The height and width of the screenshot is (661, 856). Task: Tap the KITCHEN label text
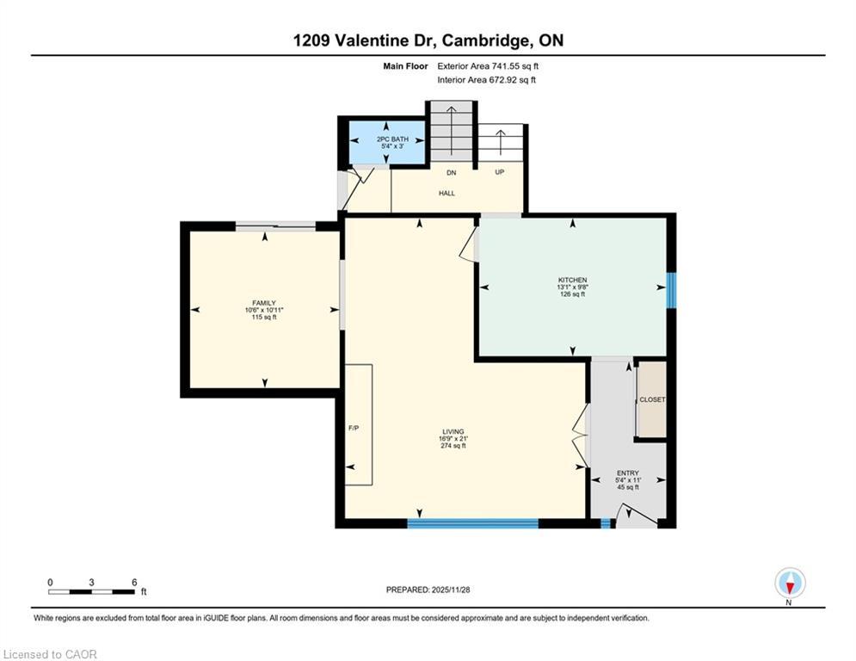(x=573, y=280)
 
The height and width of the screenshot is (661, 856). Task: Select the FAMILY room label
(x=264, y=303)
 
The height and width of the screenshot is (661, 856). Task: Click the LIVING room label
(x=453, y=431)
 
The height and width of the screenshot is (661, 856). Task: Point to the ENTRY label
(x=627, y=473)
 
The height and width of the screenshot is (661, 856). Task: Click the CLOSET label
(x=652, y=399)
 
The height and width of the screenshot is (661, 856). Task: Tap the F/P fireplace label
(x=353, y=428)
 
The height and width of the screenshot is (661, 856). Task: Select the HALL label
(x=446, y=193)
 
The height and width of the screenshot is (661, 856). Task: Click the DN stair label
(x=451, y=173)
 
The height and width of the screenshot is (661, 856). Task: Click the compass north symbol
(x=789, y=584)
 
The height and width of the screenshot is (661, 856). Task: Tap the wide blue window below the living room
(x=472, y=522)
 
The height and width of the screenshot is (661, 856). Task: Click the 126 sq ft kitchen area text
(x=573, y=294)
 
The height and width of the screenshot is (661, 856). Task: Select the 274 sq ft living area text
(x=453, y=446)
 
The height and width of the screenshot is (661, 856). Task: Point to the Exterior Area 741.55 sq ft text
(x=488, y=65)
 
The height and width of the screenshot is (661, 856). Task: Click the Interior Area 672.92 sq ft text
(x=486, y=80)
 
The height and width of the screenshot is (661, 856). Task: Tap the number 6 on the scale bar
(x=134, y=582)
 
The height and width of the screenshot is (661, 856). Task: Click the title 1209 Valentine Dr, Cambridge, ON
(x=428, y=40)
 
